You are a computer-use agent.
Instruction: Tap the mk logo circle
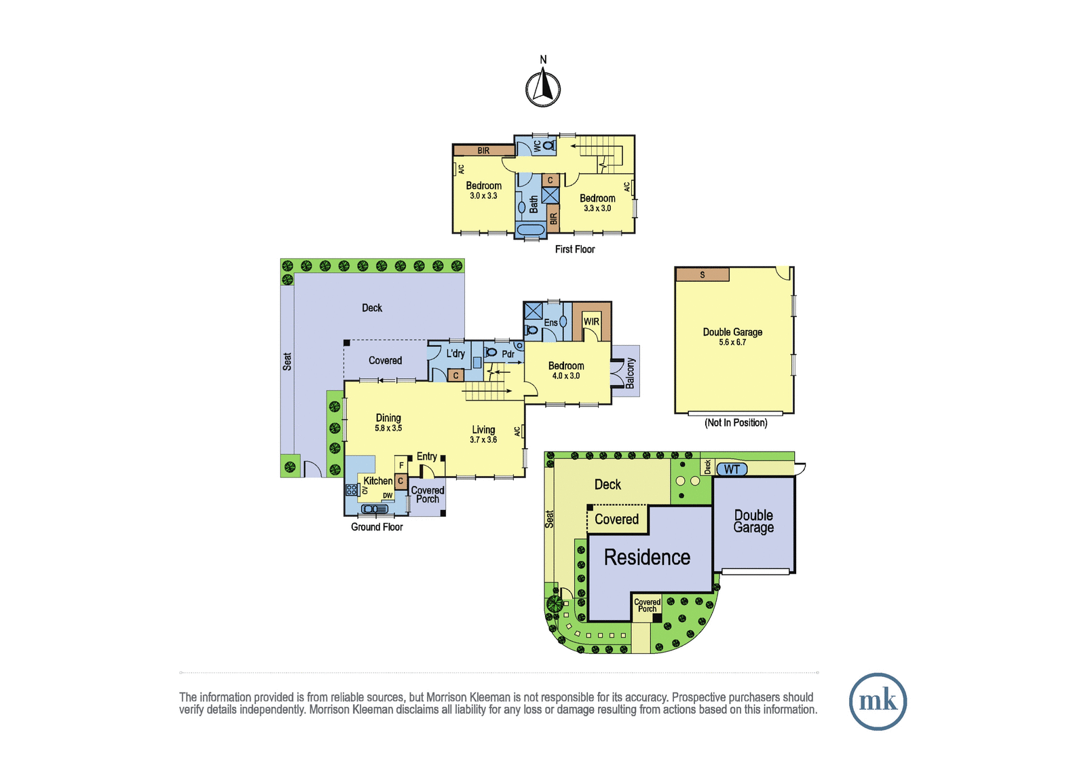click(878, 701)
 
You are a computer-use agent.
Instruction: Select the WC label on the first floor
click(537, 147)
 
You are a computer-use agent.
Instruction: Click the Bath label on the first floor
click(533, 204)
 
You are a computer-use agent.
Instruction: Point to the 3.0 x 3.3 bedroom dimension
click(483, 196)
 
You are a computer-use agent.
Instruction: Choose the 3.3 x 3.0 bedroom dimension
click(597, 208)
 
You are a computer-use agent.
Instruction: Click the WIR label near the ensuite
click(591, 322)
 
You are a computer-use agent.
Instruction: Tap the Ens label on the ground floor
click(550, 323)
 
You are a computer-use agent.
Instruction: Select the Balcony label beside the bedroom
click(630, 373)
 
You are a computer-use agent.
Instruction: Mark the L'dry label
click(455, 354)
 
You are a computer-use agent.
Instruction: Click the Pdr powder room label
click(508, 354)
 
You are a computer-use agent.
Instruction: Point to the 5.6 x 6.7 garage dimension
click(732, 342)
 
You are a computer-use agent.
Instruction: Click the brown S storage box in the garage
click(703, 274)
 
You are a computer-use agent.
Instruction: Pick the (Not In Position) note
click(736, 422)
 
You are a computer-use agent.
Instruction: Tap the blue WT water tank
click(732, 469)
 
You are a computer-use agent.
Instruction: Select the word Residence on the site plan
click(648, 557)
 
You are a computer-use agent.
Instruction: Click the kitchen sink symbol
click(375, 509)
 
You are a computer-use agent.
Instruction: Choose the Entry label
click(427, 456)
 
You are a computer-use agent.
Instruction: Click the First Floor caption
click(575, 249)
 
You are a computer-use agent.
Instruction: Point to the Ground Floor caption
click(377, 527)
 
